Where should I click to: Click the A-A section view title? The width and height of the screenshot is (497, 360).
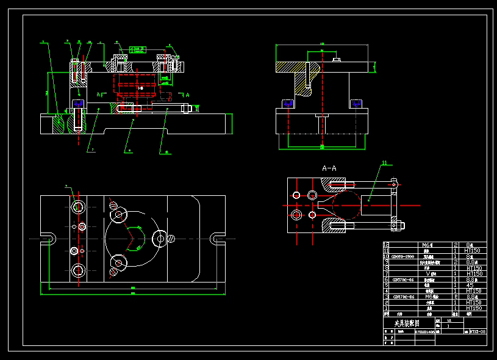[329, 168]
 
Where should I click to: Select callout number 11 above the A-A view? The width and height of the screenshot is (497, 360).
[384, 163]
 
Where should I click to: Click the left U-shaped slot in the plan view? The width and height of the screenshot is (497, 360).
[48, 237]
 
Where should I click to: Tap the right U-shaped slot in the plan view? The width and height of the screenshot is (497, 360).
[217, 237]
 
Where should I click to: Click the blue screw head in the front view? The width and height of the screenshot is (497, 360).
[77, 103]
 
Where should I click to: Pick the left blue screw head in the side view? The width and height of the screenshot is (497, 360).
[288, 104]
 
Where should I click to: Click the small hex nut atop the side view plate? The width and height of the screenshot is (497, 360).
[336, 60]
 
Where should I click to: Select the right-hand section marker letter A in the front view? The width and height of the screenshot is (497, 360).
[187, 95]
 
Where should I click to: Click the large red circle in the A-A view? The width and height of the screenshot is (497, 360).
[346, 206]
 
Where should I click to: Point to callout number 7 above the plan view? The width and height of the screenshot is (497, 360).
[66, 185]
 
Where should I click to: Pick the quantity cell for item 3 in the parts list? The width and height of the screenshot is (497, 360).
[456, 297]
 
